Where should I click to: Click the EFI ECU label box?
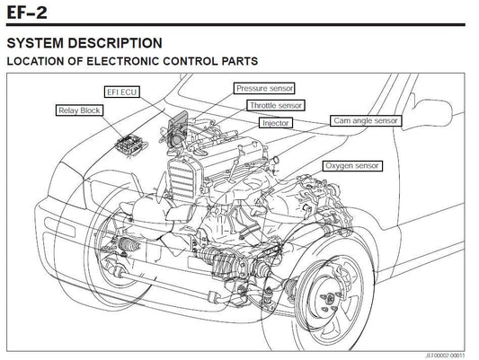122,92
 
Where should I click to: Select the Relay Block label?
79,110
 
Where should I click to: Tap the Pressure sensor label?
264,88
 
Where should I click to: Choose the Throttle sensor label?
276,106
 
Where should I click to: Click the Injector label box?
276,123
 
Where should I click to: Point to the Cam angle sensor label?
366,120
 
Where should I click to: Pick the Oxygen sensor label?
352,166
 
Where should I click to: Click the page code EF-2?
27,13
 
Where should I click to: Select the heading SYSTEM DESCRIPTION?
84,43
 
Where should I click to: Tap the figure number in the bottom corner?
445,356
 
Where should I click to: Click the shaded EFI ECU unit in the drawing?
178,128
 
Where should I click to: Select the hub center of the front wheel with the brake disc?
330,298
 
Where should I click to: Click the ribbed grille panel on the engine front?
182,179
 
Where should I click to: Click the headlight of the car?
66,185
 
